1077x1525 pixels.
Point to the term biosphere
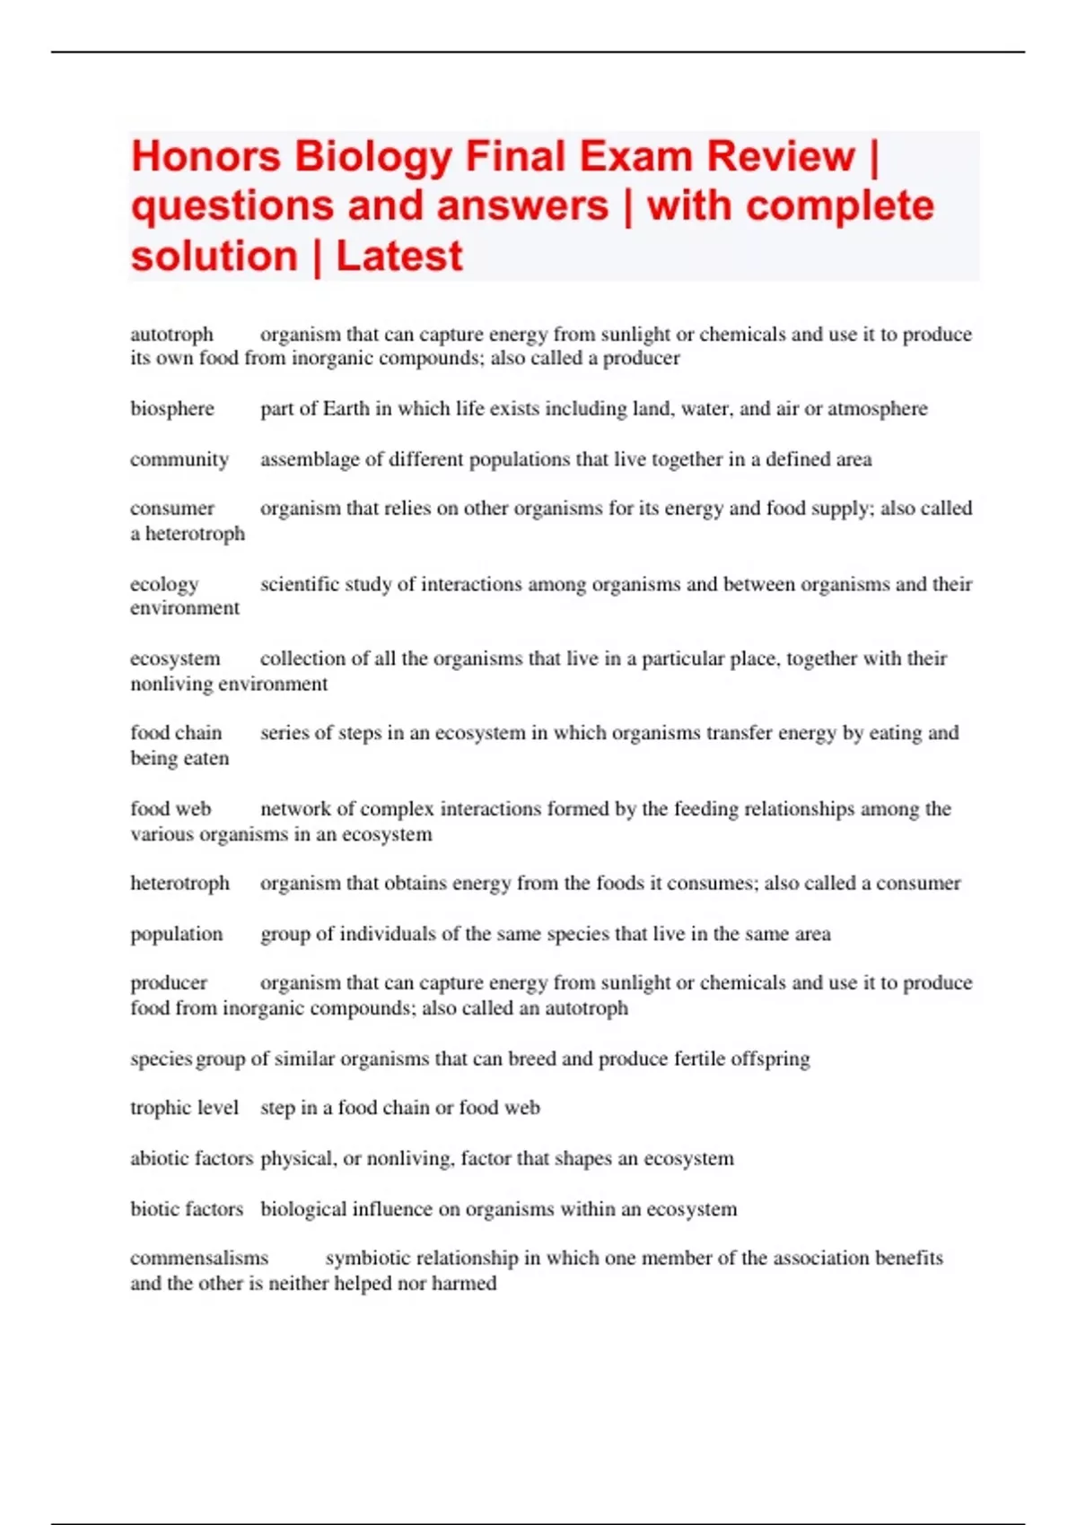point(172,409)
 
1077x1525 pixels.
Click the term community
point(179,459)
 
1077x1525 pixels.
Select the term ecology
point(164,585)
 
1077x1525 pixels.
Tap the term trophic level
point(184,1108)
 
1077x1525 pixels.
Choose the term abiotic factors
point(191,1158)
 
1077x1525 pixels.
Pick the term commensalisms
point(199,1258)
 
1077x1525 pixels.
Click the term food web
point(171,809)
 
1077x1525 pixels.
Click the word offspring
point(770,1059)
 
